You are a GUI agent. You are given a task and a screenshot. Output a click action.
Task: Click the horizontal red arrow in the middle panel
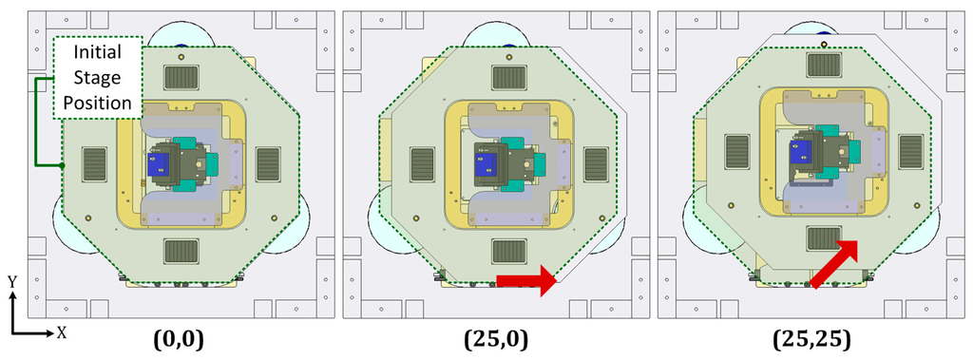[525, 279]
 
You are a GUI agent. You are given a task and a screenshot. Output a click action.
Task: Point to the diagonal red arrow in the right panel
[835, 263]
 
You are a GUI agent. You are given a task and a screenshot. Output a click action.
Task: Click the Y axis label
[12, 282]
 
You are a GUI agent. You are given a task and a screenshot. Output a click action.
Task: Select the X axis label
[61, 333]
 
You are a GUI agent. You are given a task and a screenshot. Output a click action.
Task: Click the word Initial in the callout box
[99, 54]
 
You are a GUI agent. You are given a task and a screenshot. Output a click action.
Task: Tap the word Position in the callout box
[99, 102]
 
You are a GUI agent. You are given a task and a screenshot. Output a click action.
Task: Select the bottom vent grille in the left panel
[181, 251]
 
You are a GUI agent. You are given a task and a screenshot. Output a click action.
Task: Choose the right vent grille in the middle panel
[596, 163]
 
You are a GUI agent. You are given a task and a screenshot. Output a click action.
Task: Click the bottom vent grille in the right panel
[824, 239]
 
